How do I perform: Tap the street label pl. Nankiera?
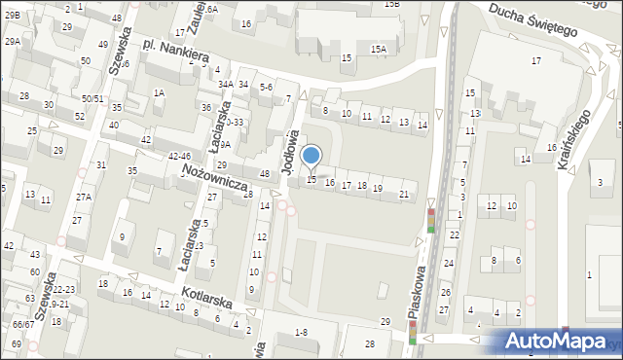point(176,52)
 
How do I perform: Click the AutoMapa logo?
point(552,341)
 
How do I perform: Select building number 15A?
point(378,48)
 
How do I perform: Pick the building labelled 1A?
point(159,92)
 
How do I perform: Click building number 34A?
point(226,85)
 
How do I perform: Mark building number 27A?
point(84,198)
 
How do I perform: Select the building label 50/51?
point(92,98)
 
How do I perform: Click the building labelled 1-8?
point(301,333)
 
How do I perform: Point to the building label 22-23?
point(63,290)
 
